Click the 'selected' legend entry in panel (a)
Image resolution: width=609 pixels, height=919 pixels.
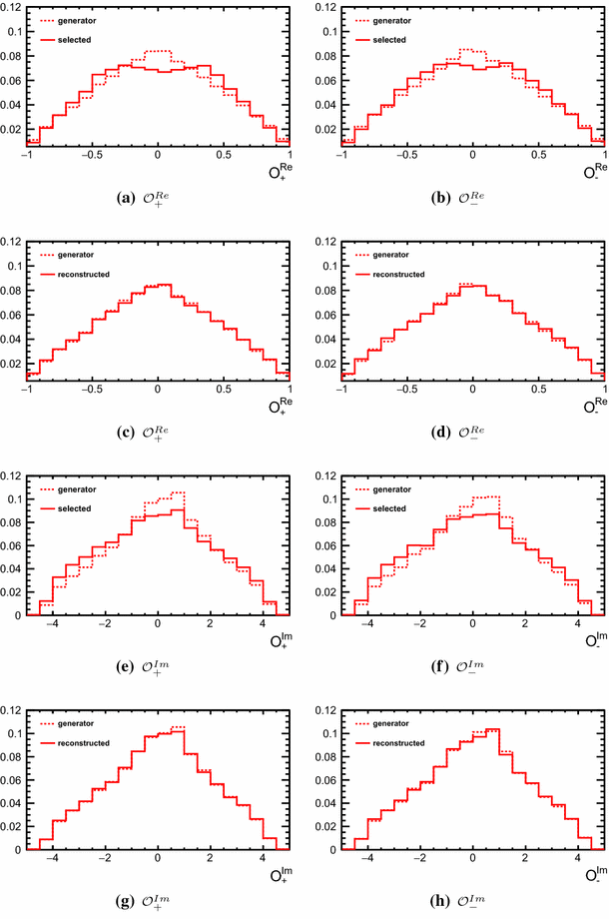click(x=76, y=39)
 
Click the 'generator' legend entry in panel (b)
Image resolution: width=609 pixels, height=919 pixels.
click(x=390, y=20)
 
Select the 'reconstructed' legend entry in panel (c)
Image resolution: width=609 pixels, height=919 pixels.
click(x=87, y=274)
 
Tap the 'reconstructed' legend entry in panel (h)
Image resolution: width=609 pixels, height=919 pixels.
click(x=402, y=743)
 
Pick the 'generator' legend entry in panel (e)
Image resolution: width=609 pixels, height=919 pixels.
click(x=75, y=489)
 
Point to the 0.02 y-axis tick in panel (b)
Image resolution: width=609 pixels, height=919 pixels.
click(x=327, y=130)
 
